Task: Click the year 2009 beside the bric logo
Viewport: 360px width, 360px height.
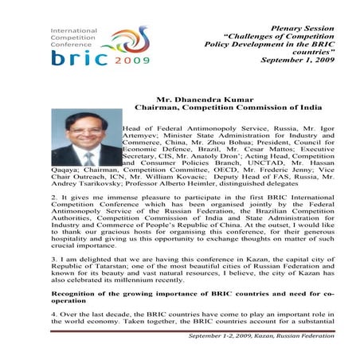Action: pos(125,59)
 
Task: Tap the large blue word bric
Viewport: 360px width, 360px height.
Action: pos(76,57)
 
